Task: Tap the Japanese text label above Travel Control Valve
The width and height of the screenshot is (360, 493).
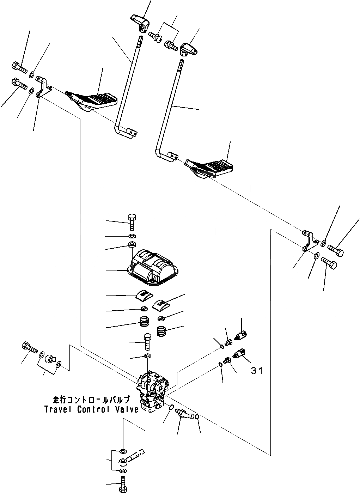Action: [91, 400]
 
